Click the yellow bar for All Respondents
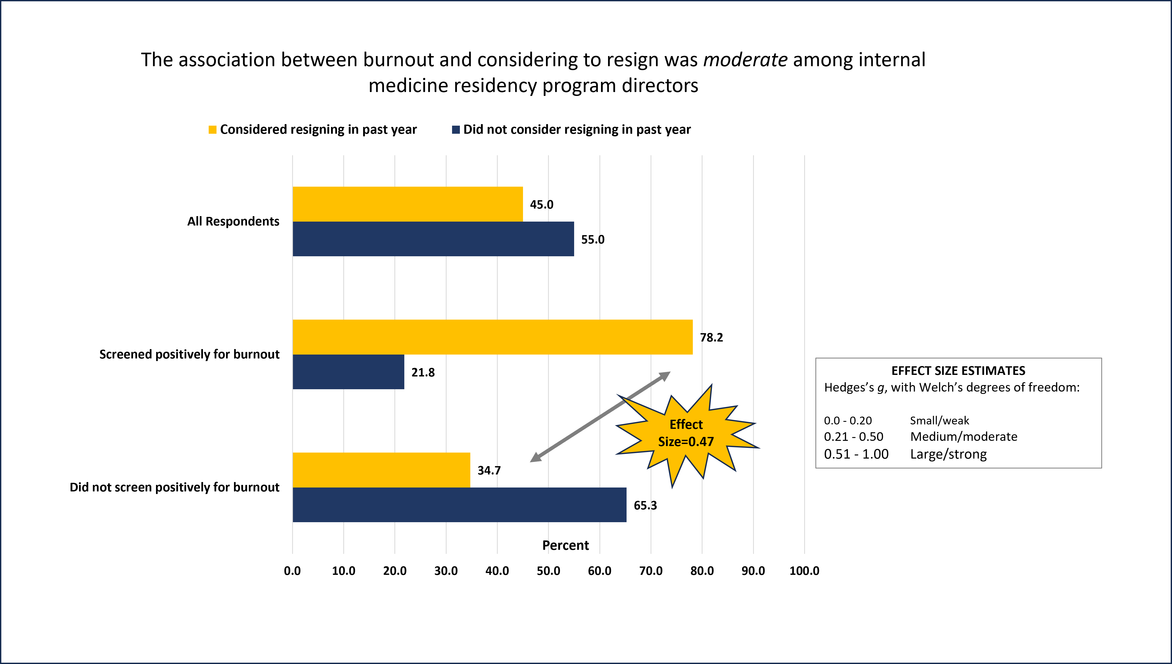[407, 204]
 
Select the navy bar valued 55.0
[433, 239]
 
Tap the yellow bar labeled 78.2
[492, 337]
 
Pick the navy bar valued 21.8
[348, 372]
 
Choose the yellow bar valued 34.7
[381, 470]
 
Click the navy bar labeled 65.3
[459, 505]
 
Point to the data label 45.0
[542, 204]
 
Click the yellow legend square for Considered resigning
[212, 130]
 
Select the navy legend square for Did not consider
[455, 130]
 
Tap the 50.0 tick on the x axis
[548, 570]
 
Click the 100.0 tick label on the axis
[804, 570]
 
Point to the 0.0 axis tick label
[292, 570]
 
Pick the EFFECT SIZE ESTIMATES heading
[958, 370]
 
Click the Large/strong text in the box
[948, 454]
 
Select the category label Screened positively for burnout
[189, 354]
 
